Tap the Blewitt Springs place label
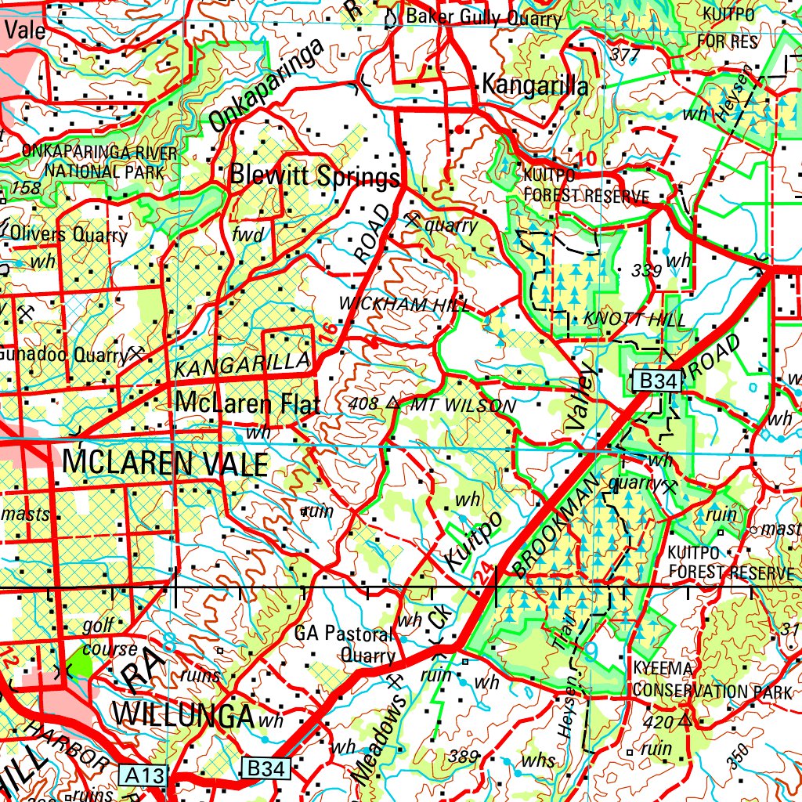coord(314,176)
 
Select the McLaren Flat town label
coord(247,403)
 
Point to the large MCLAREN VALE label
coord(164,464)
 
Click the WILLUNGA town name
coord(184,714)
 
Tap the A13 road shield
coord(145,775)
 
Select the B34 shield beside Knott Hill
coord(657,381)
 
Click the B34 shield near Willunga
coord(265,768)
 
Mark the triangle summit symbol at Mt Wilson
coord(392,403)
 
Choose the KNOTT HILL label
coord(634,320)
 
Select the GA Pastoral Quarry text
coord(345,644)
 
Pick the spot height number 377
coord(624,54)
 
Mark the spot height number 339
coord(646,270)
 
